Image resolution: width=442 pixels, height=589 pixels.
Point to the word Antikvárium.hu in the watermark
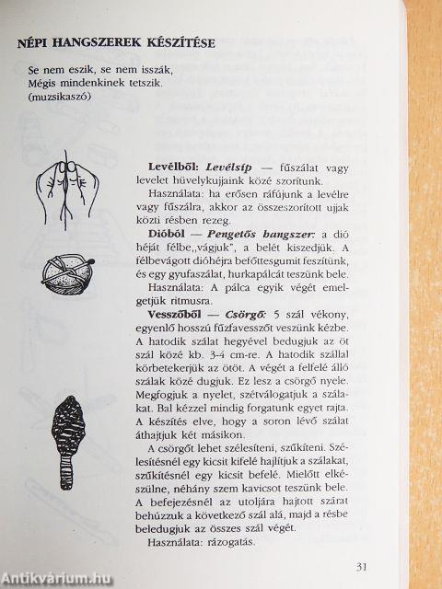(x=51, y=578)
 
